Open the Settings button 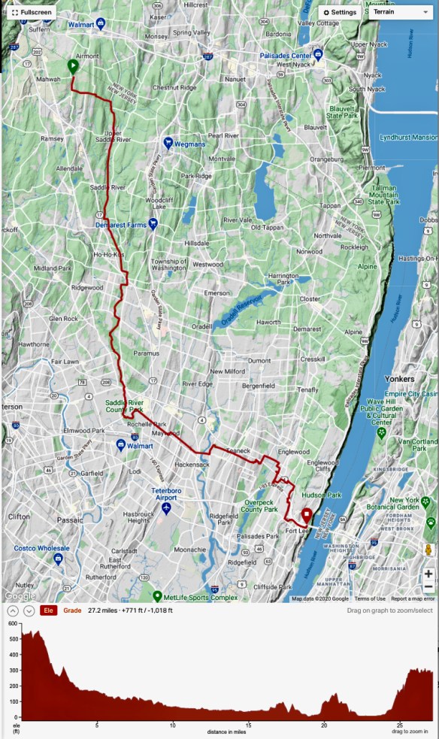point(340,13)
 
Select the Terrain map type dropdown point(401,13)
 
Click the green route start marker point(73,66)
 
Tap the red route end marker point(307,515)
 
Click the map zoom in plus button point(428,574)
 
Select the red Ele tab point(48,610)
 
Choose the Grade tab point(72,610)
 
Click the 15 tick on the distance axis point(248,725)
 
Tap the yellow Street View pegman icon point(428,550)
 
